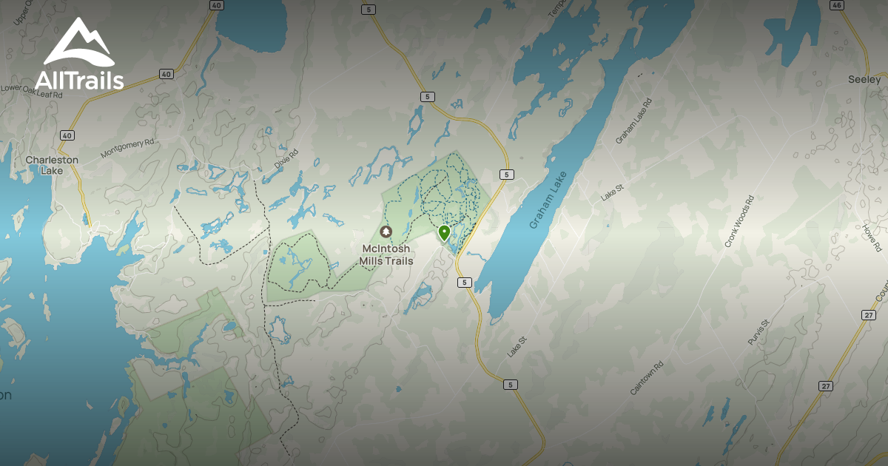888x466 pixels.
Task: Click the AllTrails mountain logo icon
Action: (78, 42)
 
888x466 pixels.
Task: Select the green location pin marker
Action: (444, 234)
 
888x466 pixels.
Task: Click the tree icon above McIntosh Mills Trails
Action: (385, 232)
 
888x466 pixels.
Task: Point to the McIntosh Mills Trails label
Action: (386, 254)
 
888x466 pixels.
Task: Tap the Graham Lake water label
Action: (548, 200)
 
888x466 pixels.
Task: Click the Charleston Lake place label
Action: (52, 165)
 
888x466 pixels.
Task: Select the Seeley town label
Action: (864, 79)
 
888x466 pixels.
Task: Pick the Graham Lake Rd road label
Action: (633, 120)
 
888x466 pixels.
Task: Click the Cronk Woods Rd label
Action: (739, 220)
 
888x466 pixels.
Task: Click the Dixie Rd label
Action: (286, 159)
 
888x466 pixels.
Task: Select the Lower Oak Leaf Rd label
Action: (32, 91)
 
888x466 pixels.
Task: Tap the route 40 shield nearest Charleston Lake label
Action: (67, 135)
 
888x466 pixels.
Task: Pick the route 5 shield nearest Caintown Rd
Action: (509, 385)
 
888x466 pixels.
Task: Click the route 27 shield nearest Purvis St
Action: (826, 386)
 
